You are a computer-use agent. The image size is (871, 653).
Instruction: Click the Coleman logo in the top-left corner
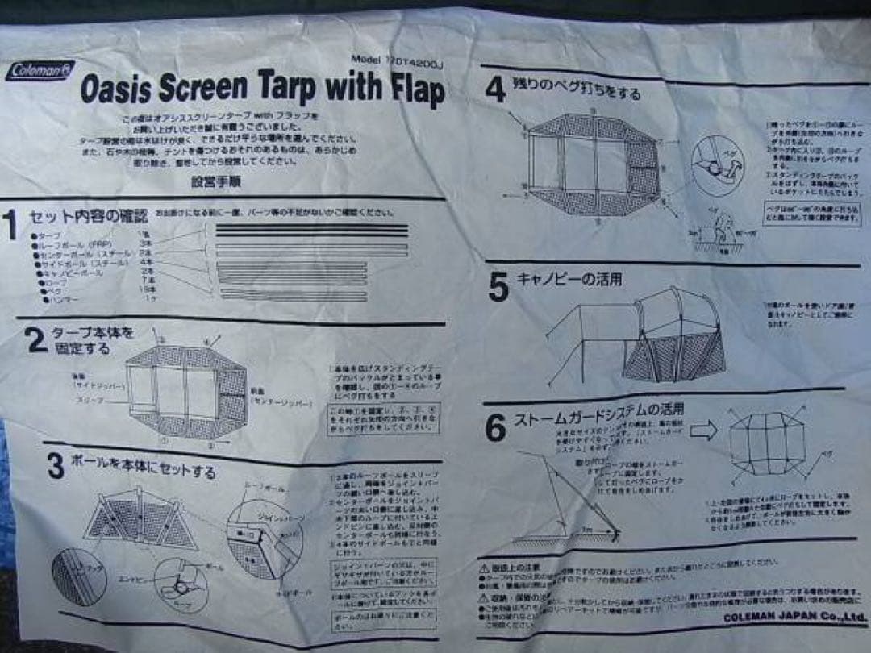[40, 71]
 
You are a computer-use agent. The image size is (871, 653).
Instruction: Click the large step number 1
[10, 226]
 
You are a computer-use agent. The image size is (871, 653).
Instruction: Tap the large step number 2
[36, 341]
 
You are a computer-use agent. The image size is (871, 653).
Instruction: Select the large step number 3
[55, 467]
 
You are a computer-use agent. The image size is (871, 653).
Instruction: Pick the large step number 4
[495, 89]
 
